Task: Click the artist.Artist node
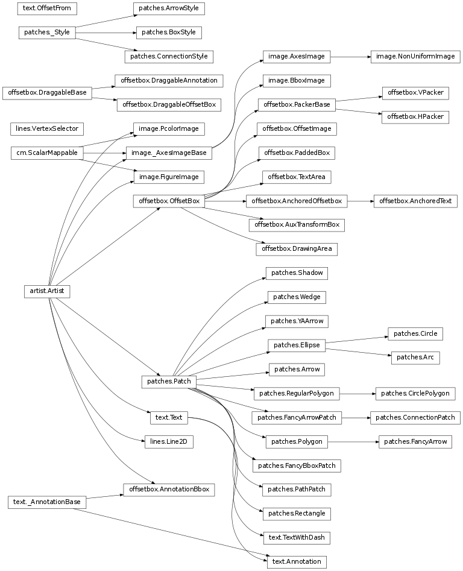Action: pos(46,291)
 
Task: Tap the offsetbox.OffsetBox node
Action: pos(169,201)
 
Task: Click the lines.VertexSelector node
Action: pos(46,128)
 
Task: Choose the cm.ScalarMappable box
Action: pos(46,153)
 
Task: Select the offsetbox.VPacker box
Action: pos(415,93)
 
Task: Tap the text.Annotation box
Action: pos(297,562)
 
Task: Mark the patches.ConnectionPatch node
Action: pos(415,417)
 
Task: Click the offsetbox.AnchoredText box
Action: pos(415,201)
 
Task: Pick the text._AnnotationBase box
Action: pos(46,502)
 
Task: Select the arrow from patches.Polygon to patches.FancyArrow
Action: pos(352,441)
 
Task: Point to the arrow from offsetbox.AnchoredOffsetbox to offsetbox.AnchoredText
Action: pos(360,201)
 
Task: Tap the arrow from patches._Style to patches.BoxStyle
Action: pos(106,33)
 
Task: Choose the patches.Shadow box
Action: pos(297,273)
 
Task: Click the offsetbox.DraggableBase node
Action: pos(46,93)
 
